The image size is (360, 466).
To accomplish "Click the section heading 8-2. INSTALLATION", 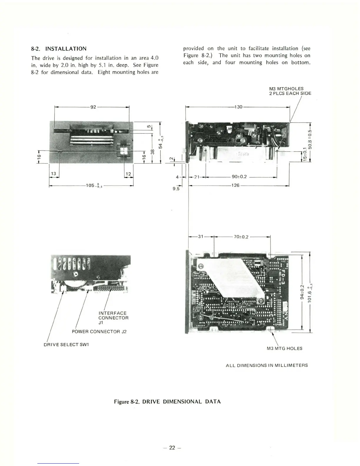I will click(x=59, y=49).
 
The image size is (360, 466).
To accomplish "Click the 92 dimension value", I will click(x=93, y=107).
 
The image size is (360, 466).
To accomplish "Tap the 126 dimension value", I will click(x=235, y=186).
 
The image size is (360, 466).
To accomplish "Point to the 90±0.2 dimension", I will click(x=239, y=177).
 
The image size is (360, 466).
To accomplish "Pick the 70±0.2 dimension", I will click(x=241, y=237).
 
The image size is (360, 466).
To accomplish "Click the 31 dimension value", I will click(x=201, y=236).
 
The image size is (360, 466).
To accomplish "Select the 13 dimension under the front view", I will click(x=54, y=174).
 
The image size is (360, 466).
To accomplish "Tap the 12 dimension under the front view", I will click(x=128, y=174).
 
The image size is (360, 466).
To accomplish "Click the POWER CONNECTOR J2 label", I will click(x=99, y=332).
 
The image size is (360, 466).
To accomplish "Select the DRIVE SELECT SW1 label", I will click(x=66, y=344).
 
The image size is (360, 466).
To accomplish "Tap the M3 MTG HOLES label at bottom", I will click(x=284, y=348).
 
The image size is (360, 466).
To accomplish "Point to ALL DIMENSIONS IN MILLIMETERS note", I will click(x=266, y=365).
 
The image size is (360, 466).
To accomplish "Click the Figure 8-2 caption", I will click(x=167, y=402).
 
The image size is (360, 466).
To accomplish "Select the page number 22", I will click(x=172, y=448).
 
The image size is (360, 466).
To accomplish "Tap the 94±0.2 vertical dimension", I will click(x=302, y=291).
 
